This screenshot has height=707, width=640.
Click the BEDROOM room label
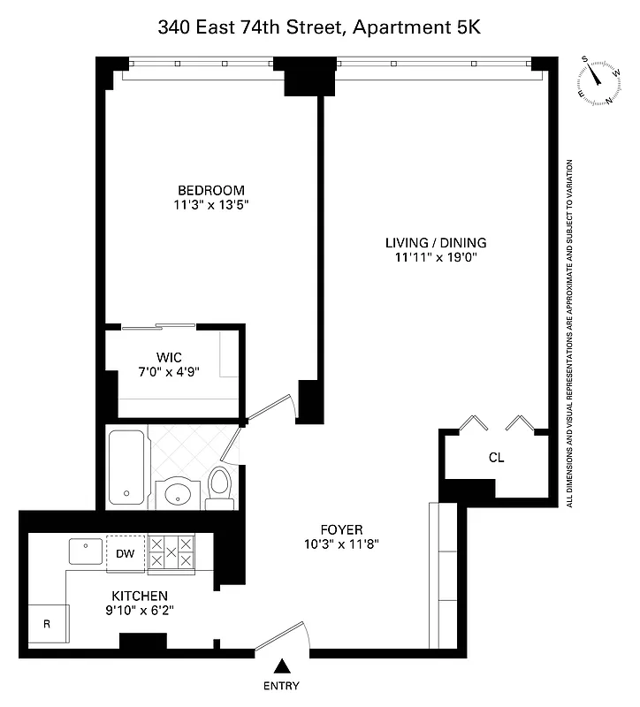210,190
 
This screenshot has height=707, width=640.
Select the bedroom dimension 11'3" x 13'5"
210,205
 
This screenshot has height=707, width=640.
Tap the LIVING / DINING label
436,243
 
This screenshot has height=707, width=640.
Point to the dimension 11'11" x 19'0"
436,258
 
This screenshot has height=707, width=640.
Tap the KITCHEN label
139,596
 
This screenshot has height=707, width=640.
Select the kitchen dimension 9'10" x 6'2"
139,611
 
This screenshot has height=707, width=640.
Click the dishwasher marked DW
125,553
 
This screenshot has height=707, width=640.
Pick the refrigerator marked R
47,624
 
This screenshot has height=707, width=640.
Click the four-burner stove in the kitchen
171,552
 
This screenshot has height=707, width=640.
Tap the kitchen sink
86,551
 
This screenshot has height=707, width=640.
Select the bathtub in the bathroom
127,468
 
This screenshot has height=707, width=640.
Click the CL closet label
496,458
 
